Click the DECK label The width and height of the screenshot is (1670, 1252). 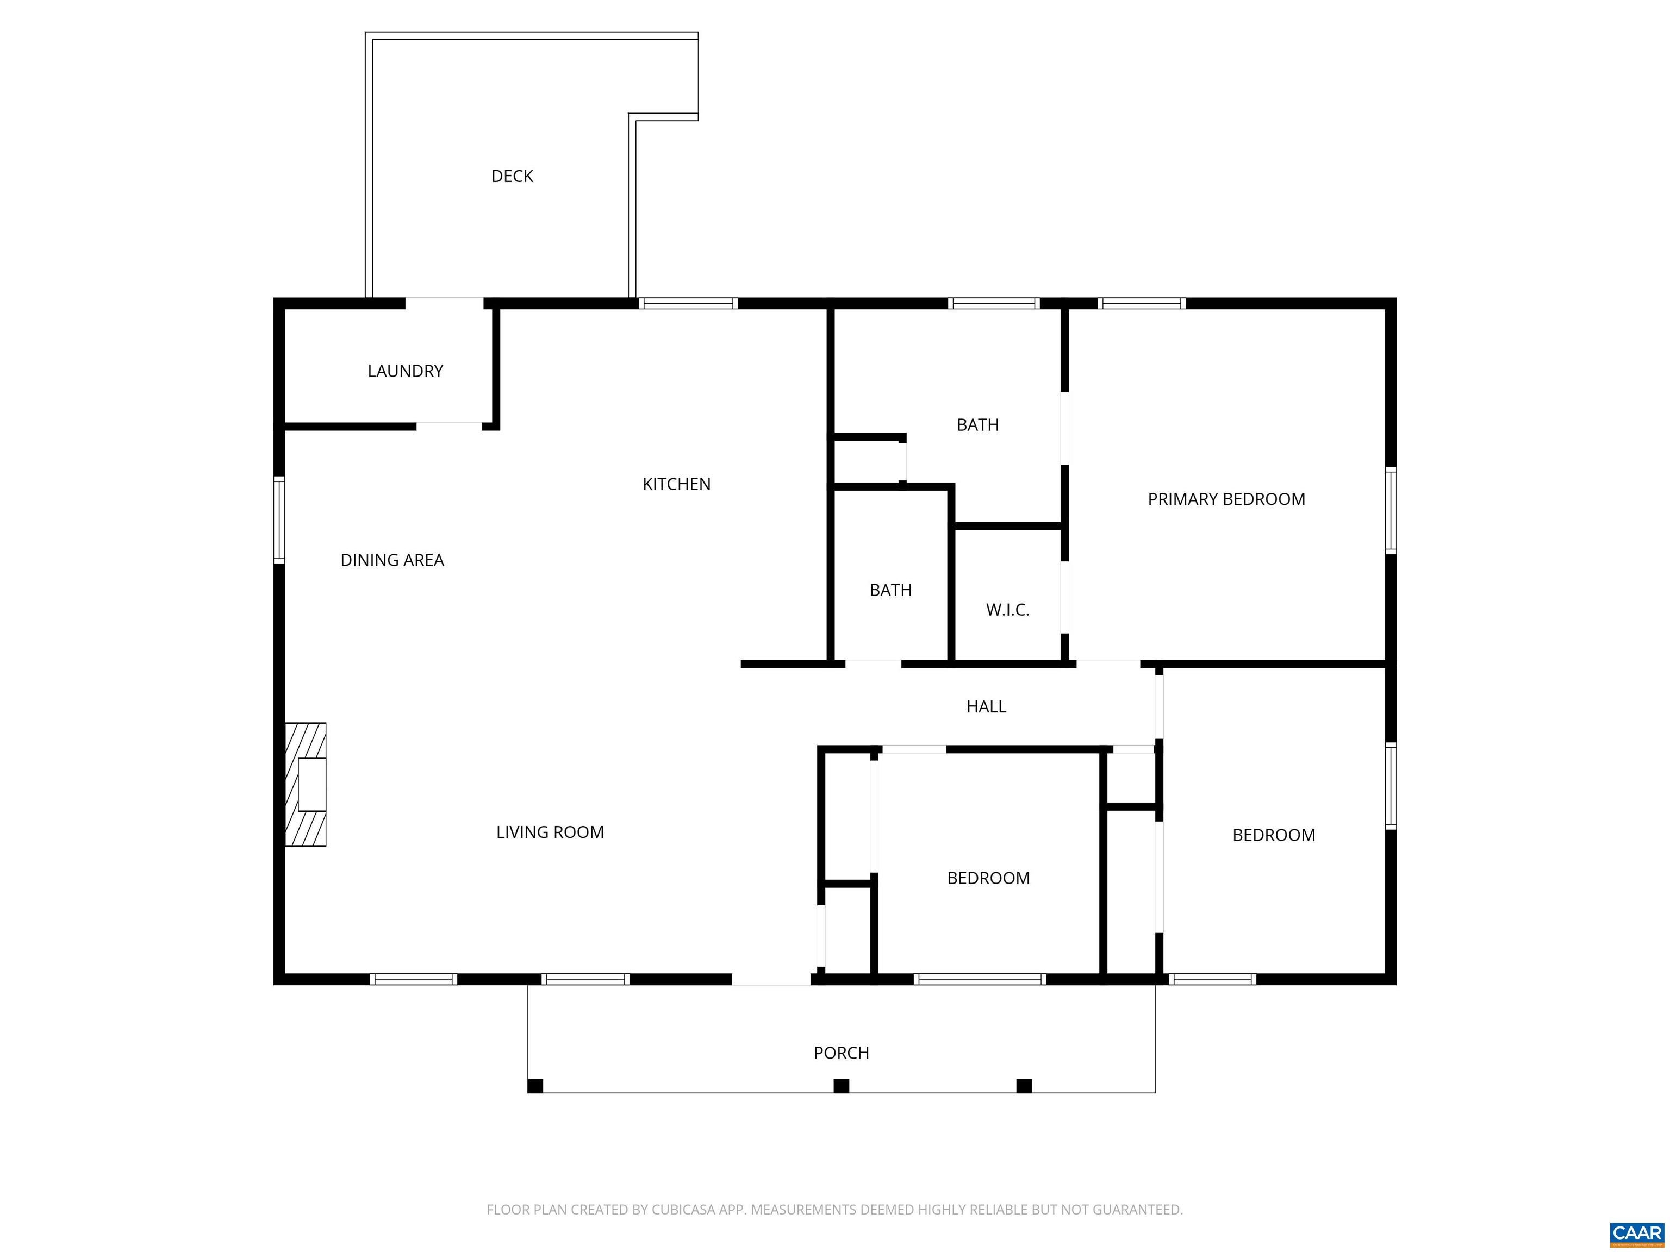[x=512, y=176]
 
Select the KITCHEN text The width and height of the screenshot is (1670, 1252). [x=676, y=484]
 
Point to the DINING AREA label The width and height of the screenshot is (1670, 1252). [x=392, y=560]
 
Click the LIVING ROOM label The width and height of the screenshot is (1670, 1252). [x=550, y=831]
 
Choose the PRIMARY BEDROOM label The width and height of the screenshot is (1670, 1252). [x=1225, y=499]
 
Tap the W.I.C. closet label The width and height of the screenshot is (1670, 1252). [x=1007, y=610]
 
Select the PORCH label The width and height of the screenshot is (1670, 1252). [x=841, y=1053]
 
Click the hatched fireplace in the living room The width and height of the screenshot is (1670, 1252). [x=305, y=784]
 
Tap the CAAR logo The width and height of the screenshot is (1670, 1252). [x=1636, y=1233]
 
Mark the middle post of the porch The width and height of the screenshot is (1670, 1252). [x=841, y=1086]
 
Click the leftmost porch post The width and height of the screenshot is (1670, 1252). [x=534, y=1086]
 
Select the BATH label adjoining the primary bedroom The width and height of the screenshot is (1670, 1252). [x=977, y=425]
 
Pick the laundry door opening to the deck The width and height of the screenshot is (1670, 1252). [x=444, y=303]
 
